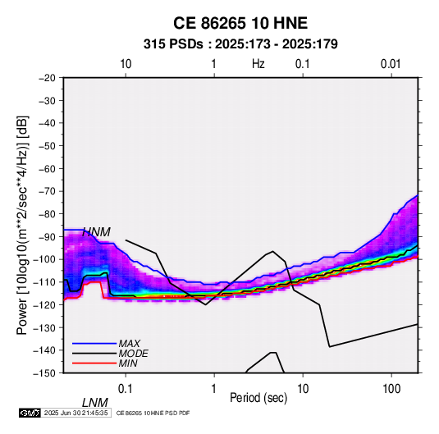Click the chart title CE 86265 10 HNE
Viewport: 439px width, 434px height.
click(240, 23)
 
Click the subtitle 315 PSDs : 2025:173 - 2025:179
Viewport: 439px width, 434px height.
click(240, 44)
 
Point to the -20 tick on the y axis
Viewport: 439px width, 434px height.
click(47, 78)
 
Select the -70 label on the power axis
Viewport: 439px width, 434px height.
click(47, 191)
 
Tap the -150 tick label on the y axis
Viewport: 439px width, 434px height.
click(44, 373)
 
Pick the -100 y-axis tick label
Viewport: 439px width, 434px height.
click(44, 259)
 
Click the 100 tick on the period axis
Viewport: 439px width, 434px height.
click(391, 389)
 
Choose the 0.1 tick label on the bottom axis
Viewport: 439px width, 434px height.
click(125, 389)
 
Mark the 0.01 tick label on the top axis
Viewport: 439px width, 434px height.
click(391, 64)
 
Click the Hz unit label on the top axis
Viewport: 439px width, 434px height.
click(258, 64)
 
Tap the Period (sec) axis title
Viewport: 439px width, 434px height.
click(258, 397)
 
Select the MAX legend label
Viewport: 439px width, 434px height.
click(129, 343)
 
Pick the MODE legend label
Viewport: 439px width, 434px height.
click(133, 354)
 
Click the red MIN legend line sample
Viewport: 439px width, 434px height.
click(94, 363)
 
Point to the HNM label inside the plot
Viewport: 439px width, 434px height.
click(96, 232)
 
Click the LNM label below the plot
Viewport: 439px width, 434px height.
click(94, 403)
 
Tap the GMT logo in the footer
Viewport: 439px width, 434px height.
click(30, 413)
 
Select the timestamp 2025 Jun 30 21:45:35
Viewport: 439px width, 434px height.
click(75, 413)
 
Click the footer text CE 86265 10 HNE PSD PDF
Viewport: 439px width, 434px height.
click(153, 413)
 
